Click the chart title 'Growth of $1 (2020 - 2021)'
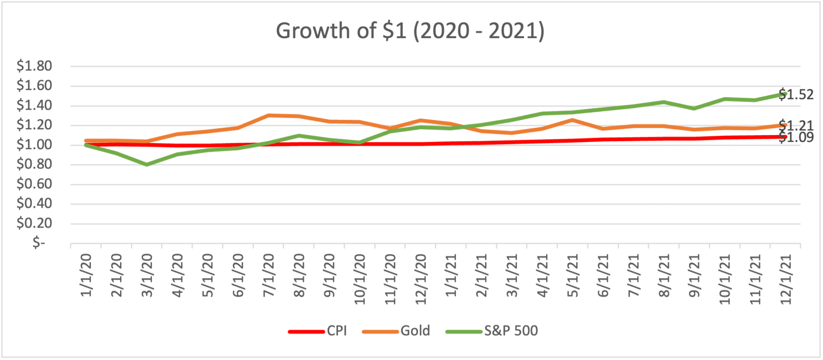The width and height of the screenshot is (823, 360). pyautogui.click(x=410, y=31)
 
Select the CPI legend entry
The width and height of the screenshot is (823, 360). pyautogui.click(x=317, y=331)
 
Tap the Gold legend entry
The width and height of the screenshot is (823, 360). pyautogui.click(x=396, y=331)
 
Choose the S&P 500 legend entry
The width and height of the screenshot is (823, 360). pyautogui.click(x=492, y=331)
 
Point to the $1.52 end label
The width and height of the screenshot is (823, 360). pyautogui.click(x=796, y=95)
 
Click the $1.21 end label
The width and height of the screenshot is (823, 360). pyautogui.click(x=796, y=125)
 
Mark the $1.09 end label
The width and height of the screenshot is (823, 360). pyautogui.click(x=796, y=137)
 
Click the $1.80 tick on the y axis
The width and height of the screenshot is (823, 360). pyautogui.click(x=34, y=66)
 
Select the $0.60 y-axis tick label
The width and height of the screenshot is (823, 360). pyautogui.click(x=34, y=184)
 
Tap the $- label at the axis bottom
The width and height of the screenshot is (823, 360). pyautogui.click(x=39, y=243)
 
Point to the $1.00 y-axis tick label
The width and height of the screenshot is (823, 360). pyautogui.click(x=34, y=145)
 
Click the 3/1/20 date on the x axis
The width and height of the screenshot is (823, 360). pyautogui.click(x=147, y=276)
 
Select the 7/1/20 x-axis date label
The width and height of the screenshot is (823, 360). pyautogui.click(x=268, y=276)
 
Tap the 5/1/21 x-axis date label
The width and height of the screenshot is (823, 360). pyautogui.click(x=573, y=276)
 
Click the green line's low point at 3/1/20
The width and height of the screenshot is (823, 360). pyautogui.click(x=147, y=164)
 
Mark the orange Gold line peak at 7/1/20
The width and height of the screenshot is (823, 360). pyautogui.click(x=268, y=115)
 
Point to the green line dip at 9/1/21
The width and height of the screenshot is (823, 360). pyautogui.click(x=694, y=108)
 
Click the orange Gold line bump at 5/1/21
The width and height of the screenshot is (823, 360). pyautogui.click(x=572, y=120)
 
